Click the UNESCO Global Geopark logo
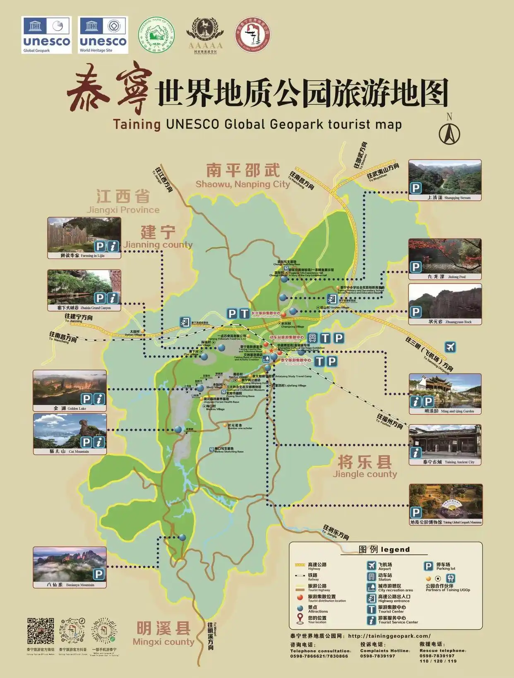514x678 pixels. click(x=46, y=35)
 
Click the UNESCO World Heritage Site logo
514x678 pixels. click(x=103, y=35)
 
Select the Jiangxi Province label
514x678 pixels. click(x=123, y=202)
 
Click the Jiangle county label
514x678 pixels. click(x=365, y=467)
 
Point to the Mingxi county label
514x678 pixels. click(x=163, y=634)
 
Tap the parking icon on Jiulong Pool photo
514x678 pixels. click(x=416, y=267)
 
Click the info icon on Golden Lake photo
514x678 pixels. click(x=99, y=399)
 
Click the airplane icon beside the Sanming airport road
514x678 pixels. click(x=450, y=347)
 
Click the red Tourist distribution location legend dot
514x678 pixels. click(x=300, y=598)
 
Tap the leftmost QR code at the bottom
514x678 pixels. click(x=41, y=631)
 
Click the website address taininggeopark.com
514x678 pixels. click(x=389, y=636)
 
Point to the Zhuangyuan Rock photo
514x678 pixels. click(x=445, y=301)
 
